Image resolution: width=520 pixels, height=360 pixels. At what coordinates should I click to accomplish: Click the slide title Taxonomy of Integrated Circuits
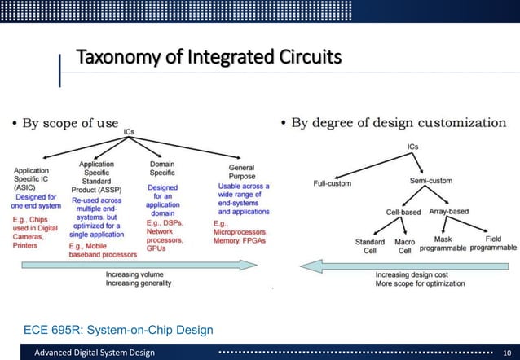[x=204, y=59]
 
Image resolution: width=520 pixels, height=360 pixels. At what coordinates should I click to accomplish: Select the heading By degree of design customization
[x=398, y=123]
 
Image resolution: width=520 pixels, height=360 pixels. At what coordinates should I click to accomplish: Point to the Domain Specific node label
[x=161, y=169]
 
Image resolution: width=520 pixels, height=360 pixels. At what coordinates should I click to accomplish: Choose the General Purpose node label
[x=242, y=172]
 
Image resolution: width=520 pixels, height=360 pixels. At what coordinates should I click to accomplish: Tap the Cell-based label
[x=403, y=212]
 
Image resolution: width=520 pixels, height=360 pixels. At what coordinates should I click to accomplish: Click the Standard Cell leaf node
[x=369, y=246]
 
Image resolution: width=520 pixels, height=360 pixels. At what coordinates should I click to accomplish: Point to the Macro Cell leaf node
[x=405, y=246]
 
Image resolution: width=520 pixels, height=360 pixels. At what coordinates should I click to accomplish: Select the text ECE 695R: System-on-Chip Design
[x=119, y=329]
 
